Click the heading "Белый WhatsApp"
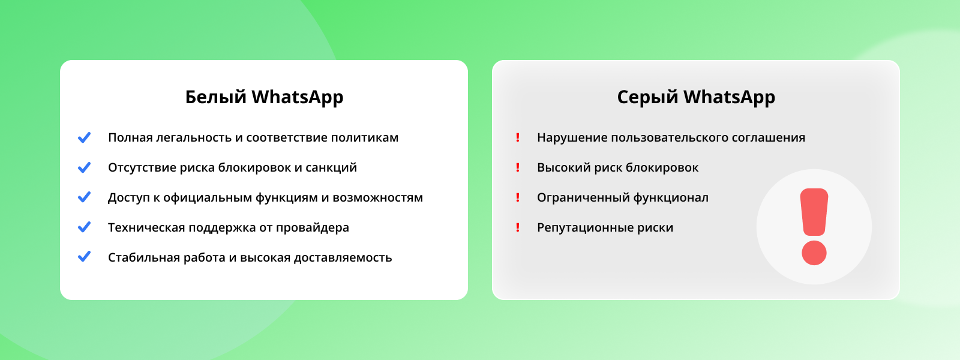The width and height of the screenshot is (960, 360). tap(264, 97)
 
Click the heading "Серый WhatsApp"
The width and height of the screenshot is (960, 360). tap(696, 97)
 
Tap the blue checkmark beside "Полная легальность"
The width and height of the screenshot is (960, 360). tap(85, 137)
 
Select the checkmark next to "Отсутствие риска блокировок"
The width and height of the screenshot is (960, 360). tap(85, 167)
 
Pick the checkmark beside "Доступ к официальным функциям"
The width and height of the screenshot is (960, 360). tap(85, 197)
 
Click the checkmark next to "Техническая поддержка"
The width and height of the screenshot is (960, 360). tap(85, 227)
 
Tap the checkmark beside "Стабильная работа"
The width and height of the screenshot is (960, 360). tap(85, 257)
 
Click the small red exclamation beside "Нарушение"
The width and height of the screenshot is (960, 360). tap(518, 137)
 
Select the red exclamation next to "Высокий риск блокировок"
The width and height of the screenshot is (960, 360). tap(518, 167)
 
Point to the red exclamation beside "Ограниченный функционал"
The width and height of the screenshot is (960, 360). tap(518, 197)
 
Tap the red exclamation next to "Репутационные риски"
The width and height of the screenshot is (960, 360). tap(518, 227)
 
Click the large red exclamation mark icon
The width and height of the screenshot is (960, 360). tap(814, 226)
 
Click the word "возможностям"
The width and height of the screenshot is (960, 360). tap(377, 197)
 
